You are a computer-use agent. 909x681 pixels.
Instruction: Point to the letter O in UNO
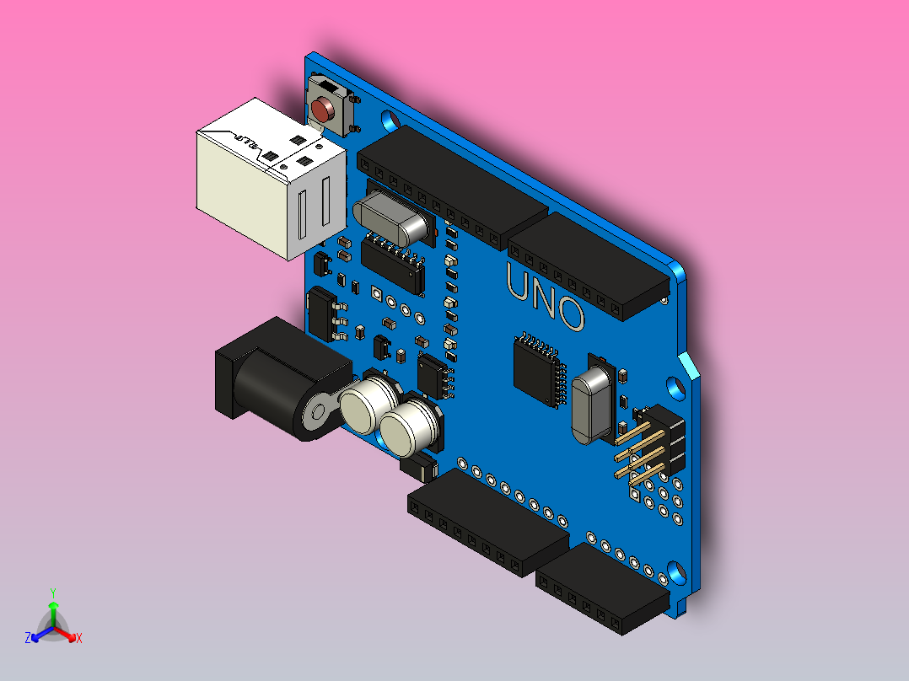click(571, 313)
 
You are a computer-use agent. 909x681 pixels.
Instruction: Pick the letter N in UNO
click(545, 297)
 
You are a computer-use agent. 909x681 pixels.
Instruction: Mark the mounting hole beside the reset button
click(390, 121)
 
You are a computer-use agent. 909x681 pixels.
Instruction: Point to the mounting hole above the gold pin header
click(675, 387)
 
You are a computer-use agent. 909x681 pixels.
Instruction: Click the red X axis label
click(79, 638)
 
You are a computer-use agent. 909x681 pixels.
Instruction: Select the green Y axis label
click(52, 593)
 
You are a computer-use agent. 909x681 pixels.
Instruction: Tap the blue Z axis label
click(28, 638)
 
